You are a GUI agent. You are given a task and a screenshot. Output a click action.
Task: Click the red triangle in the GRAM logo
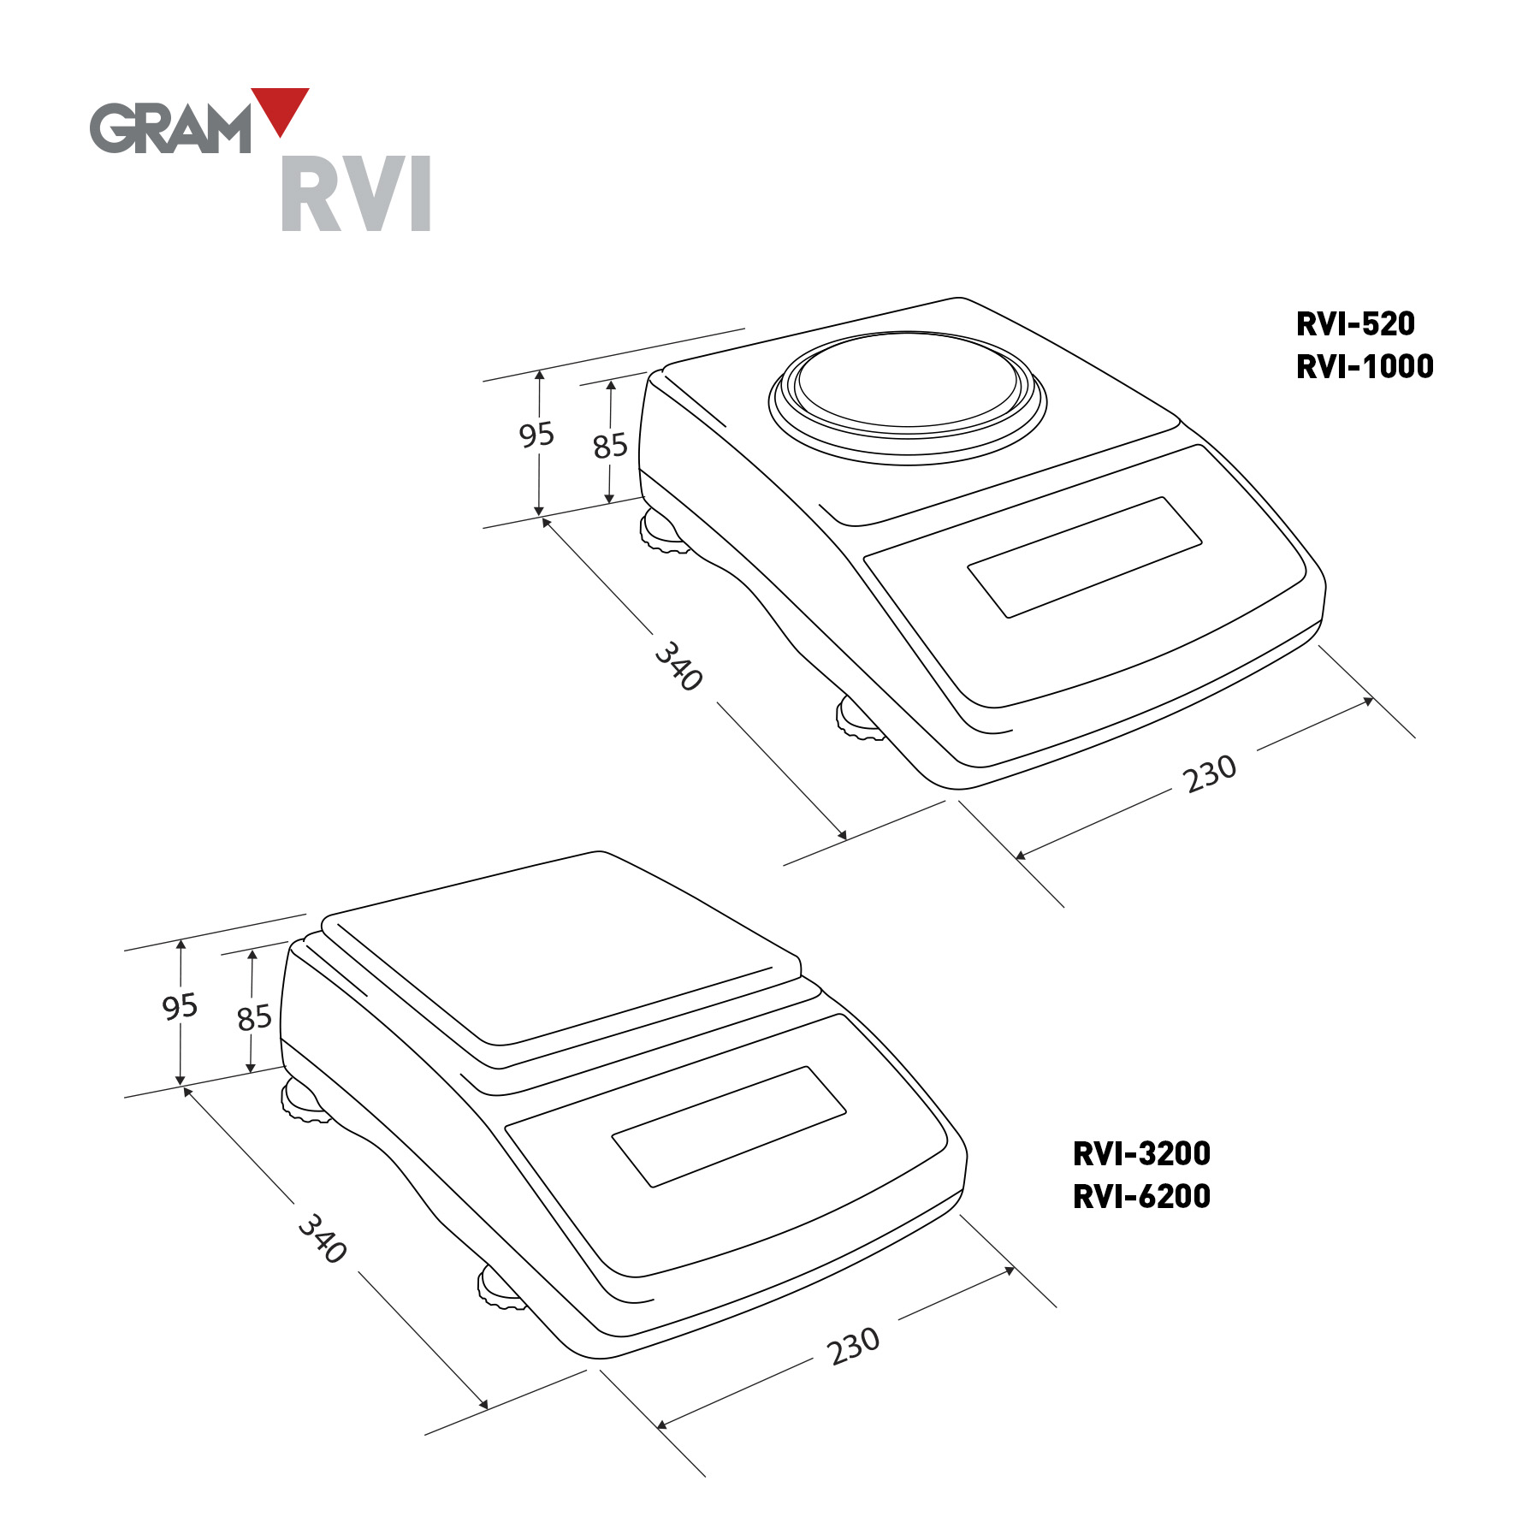click(280, 107)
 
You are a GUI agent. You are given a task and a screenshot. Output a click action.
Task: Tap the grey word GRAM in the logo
click(170, 128)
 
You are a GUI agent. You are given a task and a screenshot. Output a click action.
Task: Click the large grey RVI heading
click(356, 193)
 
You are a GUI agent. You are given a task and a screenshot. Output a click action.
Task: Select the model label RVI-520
click(1355, 324)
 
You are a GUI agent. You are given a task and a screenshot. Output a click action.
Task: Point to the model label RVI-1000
click(1365, 367)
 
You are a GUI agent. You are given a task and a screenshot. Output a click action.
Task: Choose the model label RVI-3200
click(1141, 1154)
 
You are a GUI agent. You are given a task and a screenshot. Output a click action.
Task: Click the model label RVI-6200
click(1141, 1197)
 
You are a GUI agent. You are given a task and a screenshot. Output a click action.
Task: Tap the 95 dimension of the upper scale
click(536, 435)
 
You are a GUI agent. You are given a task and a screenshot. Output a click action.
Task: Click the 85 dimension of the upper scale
click(610, 446)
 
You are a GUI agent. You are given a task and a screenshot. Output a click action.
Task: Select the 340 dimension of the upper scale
click(679, 666)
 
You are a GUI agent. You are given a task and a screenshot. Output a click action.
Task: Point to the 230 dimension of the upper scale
click(1210, 773)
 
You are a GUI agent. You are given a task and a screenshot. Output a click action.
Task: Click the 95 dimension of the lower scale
click(180, 1006)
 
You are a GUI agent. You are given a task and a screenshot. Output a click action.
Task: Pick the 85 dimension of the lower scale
click(254, 1017)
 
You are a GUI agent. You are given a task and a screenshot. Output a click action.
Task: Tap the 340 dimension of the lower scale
click(323, 1238)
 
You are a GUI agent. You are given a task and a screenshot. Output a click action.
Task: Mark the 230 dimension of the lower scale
click(853, 1346)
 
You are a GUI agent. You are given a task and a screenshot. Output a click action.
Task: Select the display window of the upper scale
click(1085, 557)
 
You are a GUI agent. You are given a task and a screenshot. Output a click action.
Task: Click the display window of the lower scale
click(729, 1127)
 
